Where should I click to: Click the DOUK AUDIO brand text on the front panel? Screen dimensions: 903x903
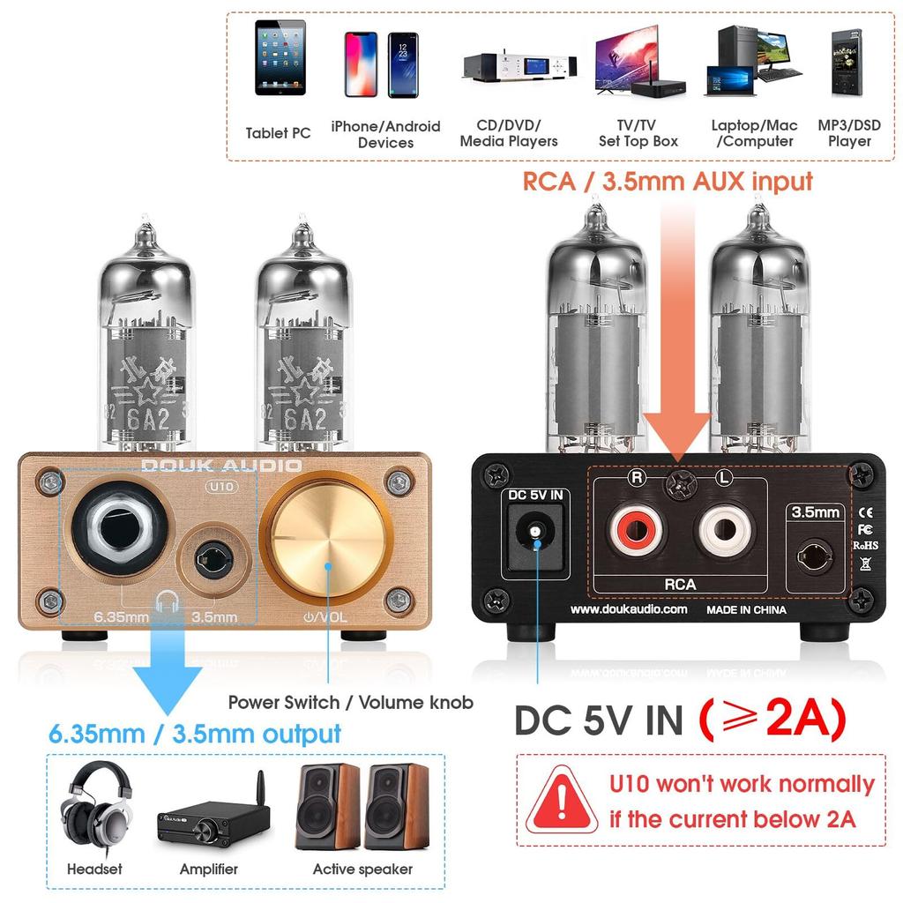222,466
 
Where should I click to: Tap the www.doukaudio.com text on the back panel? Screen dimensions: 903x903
629,609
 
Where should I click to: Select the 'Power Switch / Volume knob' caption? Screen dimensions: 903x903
350,703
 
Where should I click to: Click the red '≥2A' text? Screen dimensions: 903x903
772,720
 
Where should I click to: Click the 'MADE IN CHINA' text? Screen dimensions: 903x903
745,609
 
